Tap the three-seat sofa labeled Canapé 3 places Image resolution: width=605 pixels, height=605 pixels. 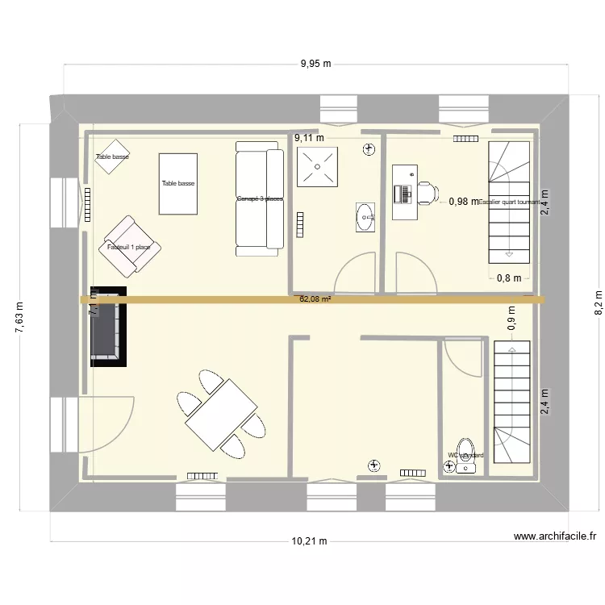[259, 198]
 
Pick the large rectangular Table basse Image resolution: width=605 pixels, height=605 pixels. [178, 184]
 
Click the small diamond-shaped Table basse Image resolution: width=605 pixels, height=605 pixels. [112, 156]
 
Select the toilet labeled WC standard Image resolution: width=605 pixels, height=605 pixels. [465, 456]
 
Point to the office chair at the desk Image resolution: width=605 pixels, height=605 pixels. [426, 193]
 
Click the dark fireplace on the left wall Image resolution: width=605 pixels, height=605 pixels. [108, 325]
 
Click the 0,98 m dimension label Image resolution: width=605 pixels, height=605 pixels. [463, 202]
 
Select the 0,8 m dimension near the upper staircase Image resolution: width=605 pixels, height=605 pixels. [508, 278]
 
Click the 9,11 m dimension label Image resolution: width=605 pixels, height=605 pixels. [308, 138]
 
